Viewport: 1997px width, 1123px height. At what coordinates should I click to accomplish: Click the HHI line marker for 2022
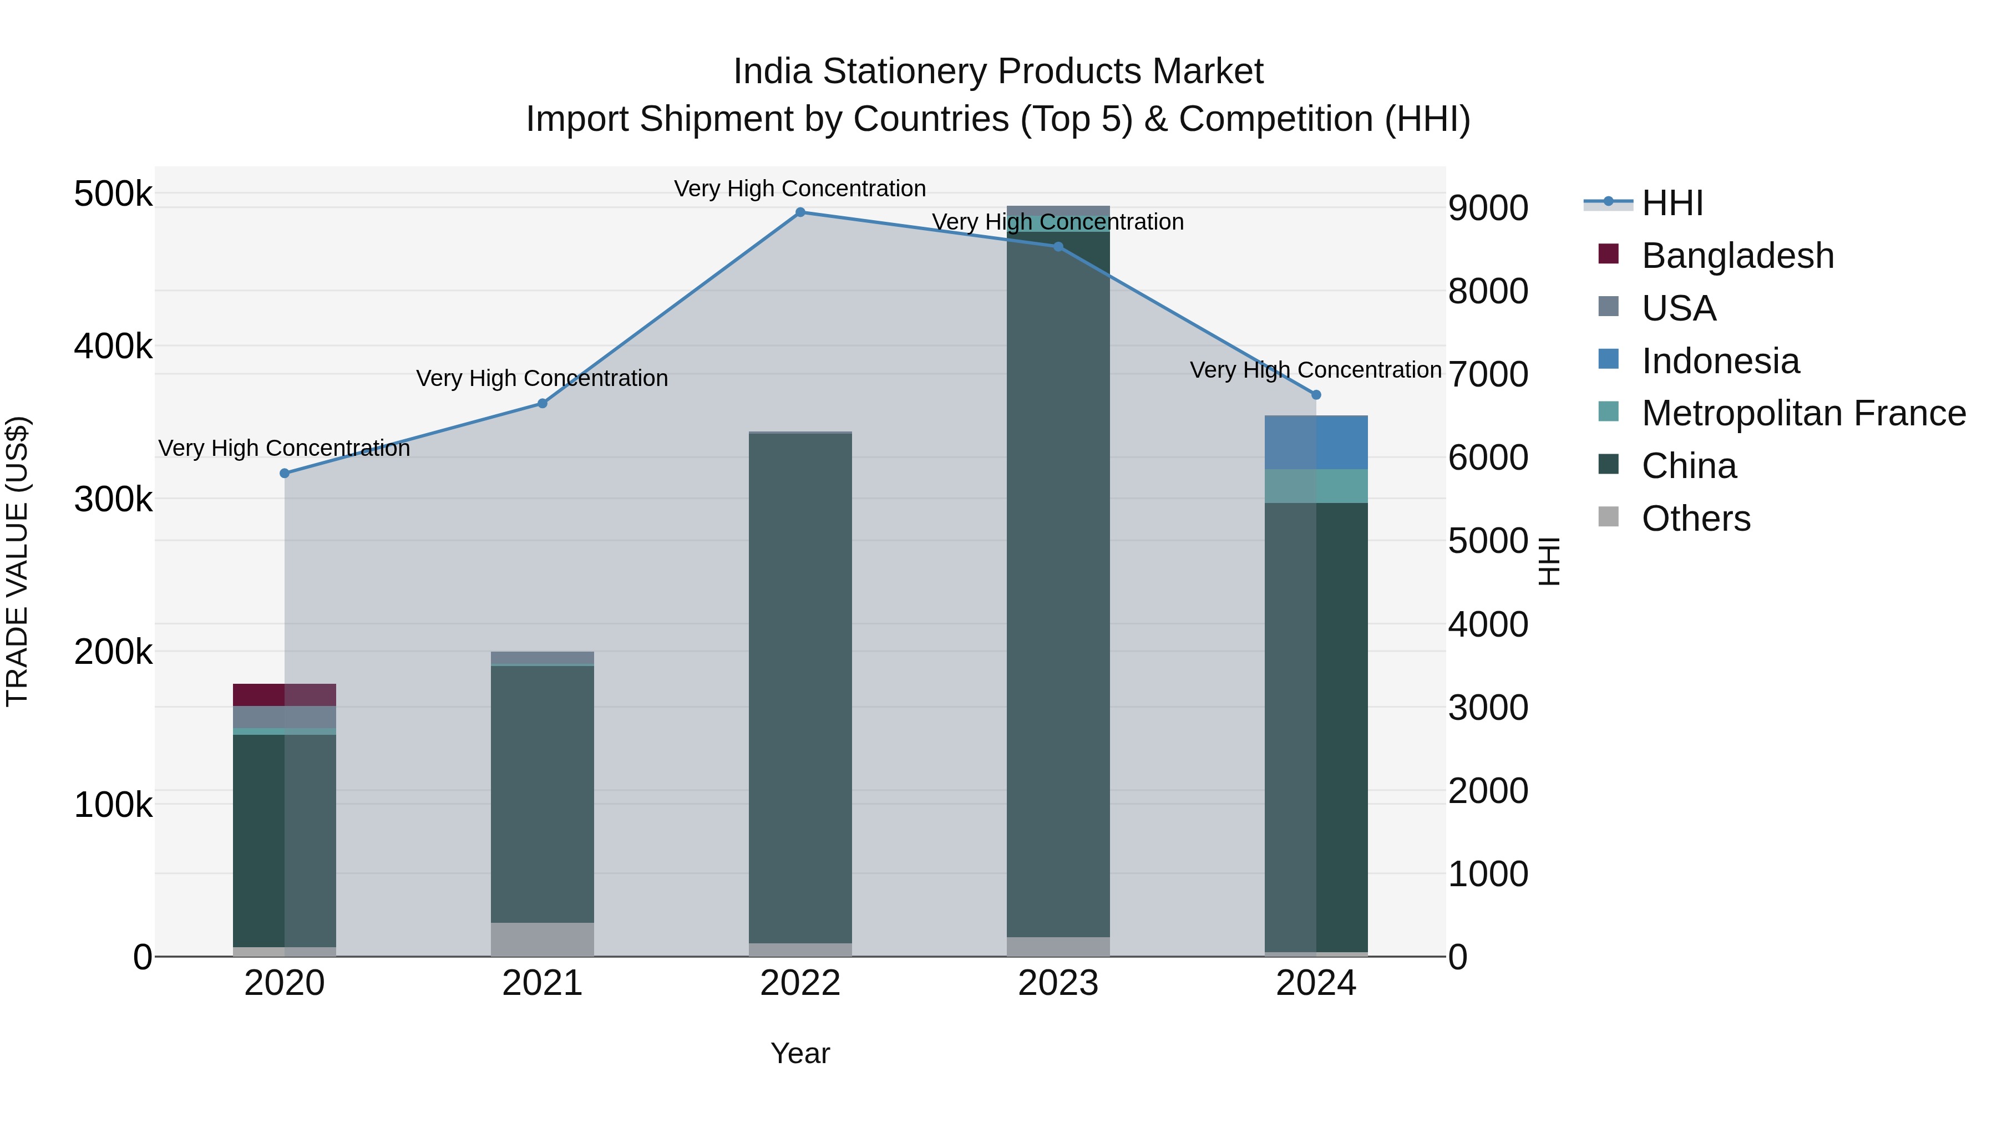point(800,212)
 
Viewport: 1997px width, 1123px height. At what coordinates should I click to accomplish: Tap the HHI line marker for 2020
point(285,474)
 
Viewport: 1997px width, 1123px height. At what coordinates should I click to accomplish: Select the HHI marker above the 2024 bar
point(1316,395)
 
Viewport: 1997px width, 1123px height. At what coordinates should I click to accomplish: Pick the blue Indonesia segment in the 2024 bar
point(1316,443)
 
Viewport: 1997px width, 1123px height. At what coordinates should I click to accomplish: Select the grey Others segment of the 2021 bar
point(542,939)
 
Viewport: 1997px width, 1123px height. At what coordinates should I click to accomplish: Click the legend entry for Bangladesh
point(1736,256)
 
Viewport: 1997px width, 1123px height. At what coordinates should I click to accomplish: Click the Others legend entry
point(1695,519)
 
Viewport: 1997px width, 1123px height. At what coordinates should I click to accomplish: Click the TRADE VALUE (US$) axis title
point(17,561)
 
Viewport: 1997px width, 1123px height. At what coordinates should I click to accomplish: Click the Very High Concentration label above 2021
point(542,378)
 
